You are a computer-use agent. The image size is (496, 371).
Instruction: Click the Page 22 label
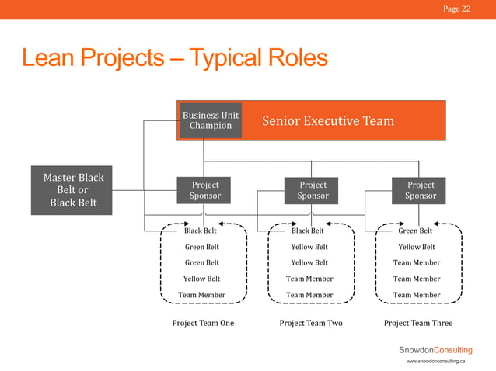tap(456, 9)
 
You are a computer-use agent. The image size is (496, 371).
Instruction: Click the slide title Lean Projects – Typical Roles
tap(175, 58)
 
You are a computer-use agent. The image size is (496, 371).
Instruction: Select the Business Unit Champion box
tap(211, 120)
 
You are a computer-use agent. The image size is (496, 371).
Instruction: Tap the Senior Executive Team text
tap(328, 121)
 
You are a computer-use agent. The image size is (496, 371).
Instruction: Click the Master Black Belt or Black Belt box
tap(73, 190)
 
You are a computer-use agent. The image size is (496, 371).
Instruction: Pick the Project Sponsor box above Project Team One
tap(205, 190)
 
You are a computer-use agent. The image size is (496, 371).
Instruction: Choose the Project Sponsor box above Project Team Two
tap(313, 190)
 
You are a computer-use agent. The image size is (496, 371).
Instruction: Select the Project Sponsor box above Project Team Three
tap(421, 190)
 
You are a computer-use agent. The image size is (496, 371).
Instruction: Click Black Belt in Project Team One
tap(201, 231)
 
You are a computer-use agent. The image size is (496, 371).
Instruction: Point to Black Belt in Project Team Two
tap(308, 231)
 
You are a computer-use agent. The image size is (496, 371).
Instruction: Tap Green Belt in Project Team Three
tap(415, 231)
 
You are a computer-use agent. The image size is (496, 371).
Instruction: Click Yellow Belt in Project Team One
tap(201, 279)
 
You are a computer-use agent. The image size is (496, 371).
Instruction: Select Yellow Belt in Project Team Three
tap(417, 247)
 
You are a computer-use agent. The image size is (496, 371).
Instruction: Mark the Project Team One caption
tap(203, 323)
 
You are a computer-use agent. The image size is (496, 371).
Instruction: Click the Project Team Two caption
tap(311, 323)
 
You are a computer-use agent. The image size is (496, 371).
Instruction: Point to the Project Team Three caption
tap(418, 323)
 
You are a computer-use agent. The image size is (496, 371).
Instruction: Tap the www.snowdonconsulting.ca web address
tap(435, 362)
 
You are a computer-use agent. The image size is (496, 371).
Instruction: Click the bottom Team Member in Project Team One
tap(201, 295)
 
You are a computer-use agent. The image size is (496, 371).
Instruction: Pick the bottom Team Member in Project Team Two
tap(309, 295)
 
